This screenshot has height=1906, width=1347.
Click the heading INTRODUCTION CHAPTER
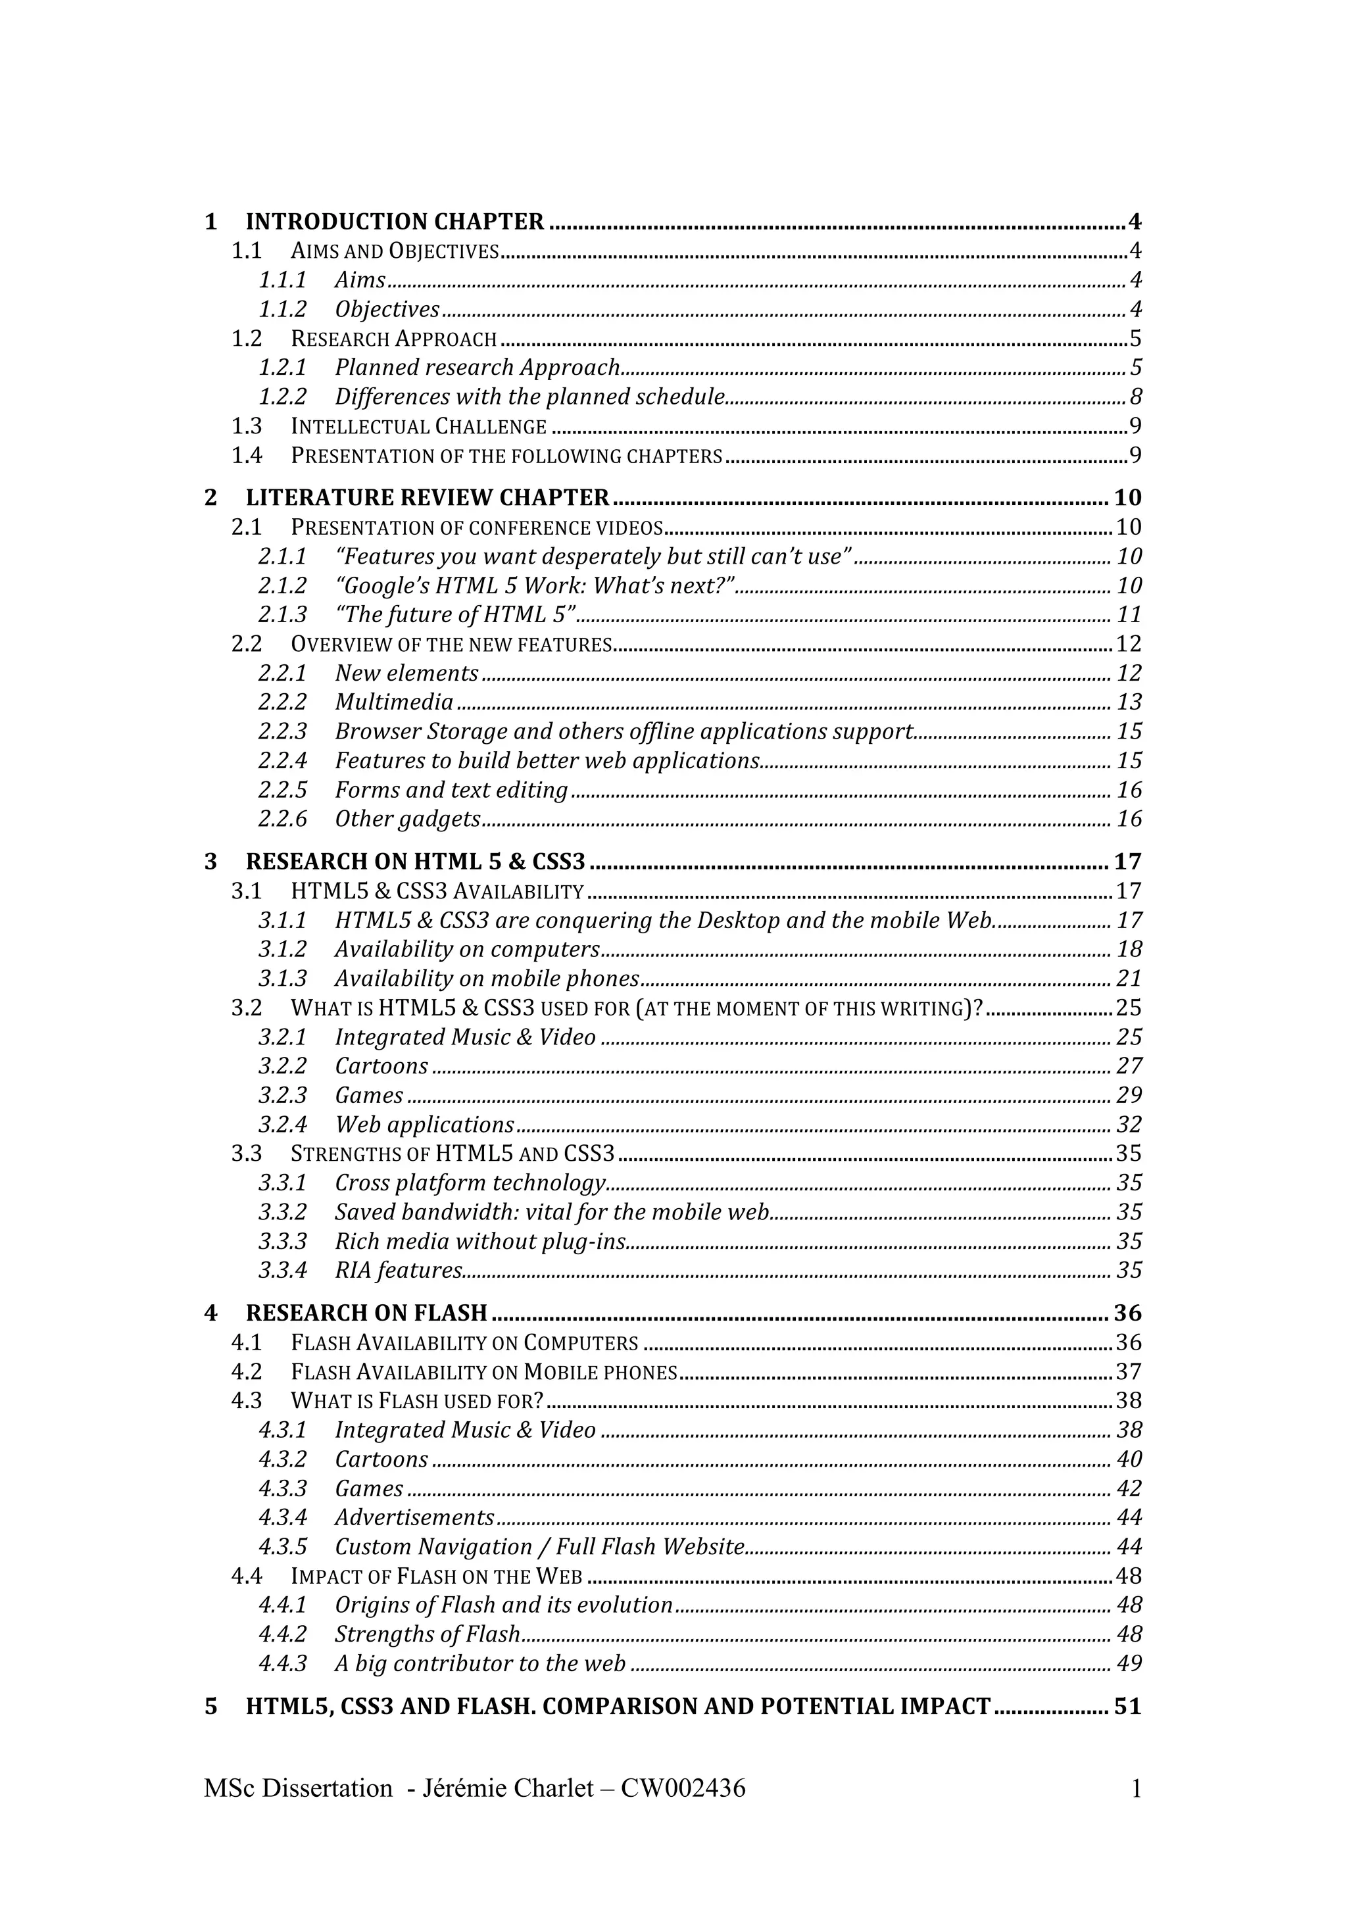click(394, 222)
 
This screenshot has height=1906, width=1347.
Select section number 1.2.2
click(282, 397)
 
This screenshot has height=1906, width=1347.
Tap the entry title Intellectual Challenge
click(418, 427)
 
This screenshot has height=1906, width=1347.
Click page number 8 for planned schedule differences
click(1135, 397)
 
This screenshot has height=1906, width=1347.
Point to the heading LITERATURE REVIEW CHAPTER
click(428, 497)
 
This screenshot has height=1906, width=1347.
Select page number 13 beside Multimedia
click(1129, 702)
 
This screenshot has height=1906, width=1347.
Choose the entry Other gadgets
click(408, 819)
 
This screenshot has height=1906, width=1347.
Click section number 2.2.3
click(282, 731)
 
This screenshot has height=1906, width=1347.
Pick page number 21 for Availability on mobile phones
click(1129, 979)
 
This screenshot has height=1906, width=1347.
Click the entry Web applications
click(424, 1125)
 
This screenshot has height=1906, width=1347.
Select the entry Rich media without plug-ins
click(479, 1242)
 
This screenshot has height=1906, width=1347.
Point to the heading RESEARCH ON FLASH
click(366, 1313)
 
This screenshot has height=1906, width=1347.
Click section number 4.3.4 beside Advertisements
click(282, 1517)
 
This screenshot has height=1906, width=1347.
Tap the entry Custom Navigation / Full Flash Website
click(539, 1548)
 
